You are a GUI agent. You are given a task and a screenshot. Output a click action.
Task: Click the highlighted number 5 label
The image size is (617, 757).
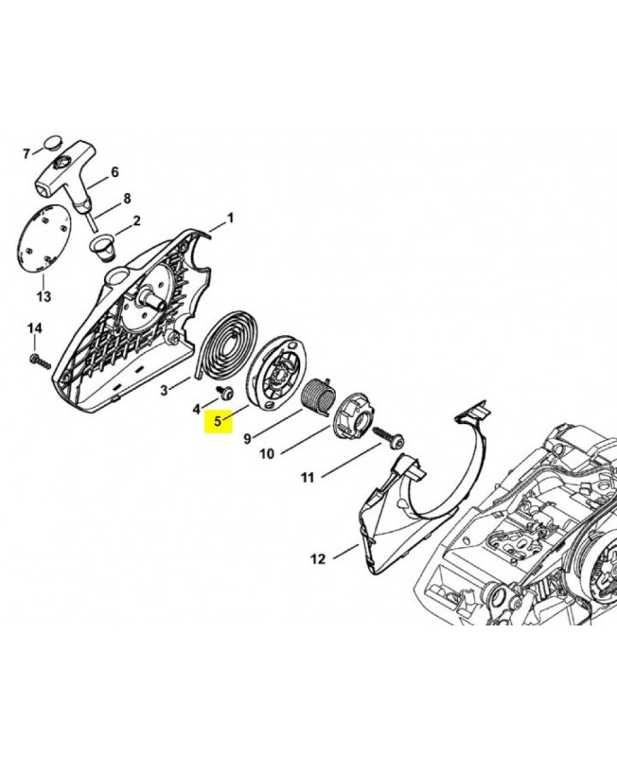[x=219, y=421]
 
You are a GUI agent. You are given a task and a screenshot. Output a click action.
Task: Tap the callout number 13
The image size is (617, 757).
[x=44, y=296]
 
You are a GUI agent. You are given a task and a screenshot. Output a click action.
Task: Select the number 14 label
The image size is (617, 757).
[x=35, y=328]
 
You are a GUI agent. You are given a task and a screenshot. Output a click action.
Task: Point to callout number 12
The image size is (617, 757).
[x=318, y=559]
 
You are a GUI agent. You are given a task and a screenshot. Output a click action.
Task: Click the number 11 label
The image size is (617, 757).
[x=308, y=478]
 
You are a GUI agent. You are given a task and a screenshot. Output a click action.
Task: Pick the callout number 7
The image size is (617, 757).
[x=26, y=154]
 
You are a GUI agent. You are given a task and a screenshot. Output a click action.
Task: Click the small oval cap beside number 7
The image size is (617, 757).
[x=53, y=144]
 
